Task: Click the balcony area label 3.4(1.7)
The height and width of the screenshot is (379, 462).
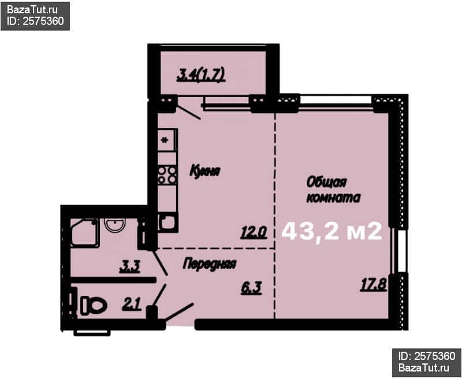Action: click(x=201, y=75)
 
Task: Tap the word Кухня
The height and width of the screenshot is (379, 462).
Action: click(x=205, y=171)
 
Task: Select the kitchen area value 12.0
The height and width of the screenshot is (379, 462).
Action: click(x=254, y=232)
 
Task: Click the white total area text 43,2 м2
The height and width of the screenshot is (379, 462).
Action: click(x=332, y=232)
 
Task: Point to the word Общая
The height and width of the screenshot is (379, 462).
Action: click(x=326, y=182)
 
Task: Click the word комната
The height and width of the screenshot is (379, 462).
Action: click(x=334, y=198)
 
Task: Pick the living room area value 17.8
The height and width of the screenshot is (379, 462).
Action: click(x=374, y=285)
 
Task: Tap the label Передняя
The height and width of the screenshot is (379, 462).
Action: click(x=210, y=264)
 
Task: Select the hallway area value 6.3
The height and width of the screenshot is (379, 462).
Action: click(x=251, y=288)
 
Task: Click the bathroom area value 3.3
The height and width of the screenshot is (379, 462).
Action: click(x=129, y=267)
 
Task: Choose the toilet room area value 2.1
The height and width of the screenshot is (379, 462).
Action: click(x=132, y=304)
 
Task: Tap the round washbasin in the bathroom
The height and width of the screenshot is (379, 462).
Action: click(x=115, y=225)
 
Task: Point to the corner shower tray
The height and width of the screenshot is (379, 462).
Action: click(x=84, y=233)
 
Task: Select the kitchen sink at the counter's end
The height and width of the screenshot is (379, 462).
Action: click(x=167, y=222)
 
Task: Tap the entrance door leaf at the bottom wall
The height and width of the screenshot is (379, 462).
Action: click(x=180, y=312)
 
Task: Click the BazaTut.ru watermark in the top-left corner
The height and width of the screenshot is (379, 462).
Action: click(x=32, y=10)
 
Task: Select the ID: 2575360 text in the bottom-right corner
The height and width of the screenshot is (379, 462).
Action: click(x=427, y=356)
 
